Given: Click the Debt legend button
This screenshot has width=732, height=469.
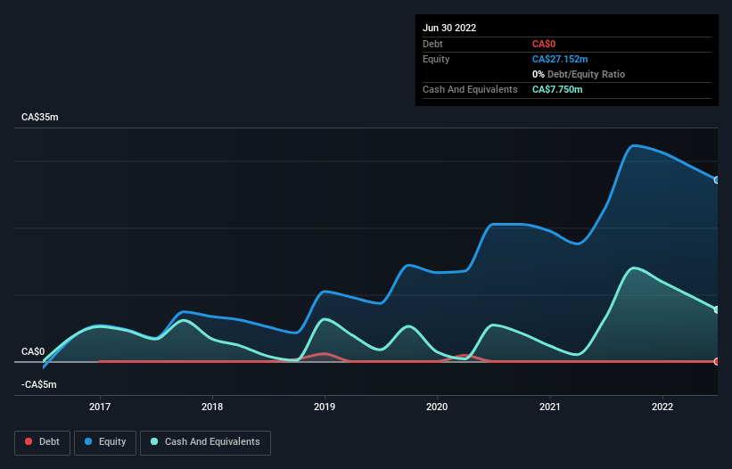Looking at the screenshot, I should coord(41,441).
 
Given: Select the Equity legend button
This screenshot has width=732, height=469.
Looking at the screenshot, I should coord(105,441).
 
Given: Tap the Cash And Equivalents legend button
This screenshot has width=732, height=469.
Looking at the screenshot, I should coord(205,441).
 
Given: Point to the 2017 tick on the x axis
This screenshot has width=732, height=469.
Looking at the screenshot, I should coord(100,407).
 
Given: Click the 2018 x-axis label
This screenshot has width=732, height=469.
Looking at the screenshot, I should coord(212,407).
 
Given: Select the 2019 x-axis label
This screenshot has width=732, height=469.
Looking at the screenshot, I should coord(325,407).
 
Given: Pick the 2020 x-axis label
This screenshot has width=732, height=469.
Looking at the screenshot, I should coord(438,407).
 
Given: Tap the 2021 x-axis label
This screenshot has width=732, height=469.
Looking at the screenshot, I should coord(550,407).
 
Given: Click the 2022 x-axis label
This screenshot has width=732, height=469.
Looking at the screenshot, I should coord(662,407).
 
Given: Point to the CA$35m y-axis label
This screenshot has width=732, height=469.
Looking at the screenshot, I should coord(40,118).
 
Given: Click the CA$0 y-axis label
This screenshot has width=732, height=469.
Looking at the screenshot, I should coord(33,351).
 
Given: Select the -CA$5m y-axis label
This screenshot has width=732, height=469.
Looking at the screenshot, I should coord(38,384).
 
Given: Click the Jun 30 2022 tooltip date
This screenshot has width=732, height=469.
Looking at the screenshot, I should coord(449,28).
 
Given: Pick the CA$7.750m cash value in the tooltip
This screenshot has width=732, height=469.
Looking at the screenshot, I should coord(557,89).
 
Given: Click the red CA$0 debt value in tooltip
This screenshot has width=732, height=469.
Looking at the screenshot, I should coord(544,44).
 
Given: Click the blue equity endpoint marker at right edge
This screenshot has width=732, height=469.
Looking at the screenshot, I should coord(717,180).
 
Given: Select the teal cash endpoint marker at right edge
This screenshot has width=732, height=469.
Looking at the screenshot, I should coord(717,309).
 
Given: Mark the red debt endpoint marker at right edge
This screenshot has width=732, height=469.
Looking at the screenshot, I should coord(717,361).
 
